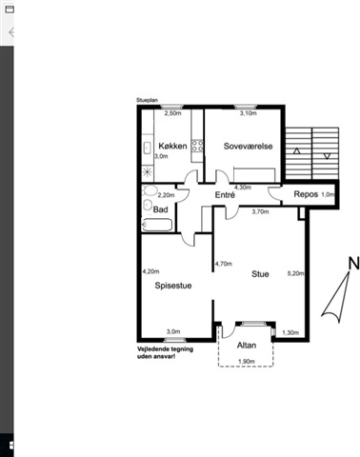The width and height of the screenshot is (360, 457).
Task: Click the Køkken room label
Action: pos(172,146)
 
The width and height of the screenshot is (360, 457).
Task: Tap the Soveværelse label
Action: pos(248,146)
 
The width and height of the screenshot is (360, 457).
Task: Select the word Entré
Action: pos(225,195)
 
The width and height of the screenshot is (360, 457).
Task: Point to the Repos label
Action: pos(306,194)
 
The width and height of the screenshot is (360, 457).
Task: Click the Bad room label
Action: pos(160,209)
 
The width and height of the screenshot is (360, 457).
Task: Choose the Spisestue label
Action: pos(173,286)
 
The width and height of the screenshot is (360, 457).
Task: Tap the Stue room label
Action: pos(260,274)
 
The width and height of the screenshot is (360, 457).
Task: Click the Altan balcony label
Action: pos(247,346)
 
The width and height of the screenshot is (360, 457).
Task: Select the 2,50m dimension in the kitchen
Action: pos(172,113)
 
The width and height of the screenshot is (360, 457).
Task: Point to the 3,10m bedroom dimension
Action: pos(248,113)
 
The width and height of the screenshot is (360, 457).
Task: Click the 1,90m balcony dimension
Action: pos(247,361)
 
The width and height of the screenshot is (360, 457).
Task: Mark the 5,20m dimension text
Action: pos(295,273)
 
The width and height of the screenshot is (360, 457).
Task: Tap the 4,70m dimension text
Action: pos(224,264)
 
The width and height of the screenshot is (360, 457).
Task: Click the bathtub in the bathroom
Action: pos(157,225)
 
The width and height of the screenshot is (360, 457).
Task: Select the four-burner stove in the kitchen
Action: pos(197,147)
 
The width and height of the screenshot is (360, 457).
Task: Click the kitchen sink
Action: pos(147,148)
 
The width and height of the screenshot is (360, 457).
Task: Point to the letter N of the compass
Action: pos(353,264)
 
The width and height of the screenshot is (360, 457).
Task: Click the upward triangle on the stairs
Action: pos(297,151)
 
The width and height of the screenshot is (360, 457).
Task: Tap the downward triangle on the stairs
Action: pos(327,156)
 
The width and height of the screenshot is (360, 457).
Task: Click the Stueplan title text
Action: pos(147,100)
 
